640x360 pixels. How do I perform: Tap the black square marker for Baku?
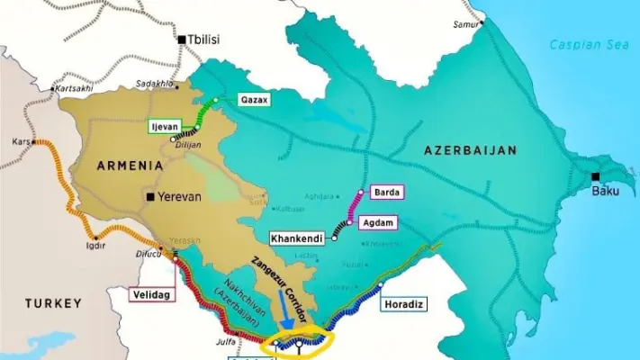pyautogui.click(x=596, y=175)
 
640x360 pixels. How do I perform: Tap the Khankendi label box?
pyautogui.click(x=297, y=238)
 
